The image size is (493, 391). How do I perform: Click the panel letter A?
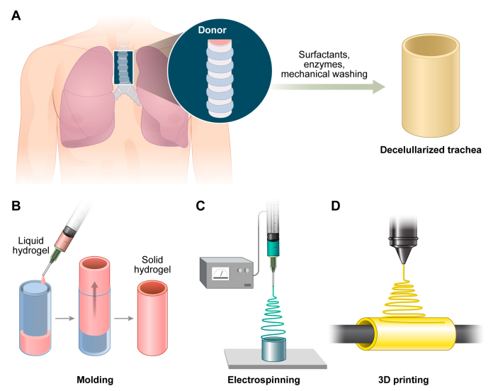click(16, 14)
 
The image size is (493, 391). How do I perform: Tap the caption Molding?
click(96, 378)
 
